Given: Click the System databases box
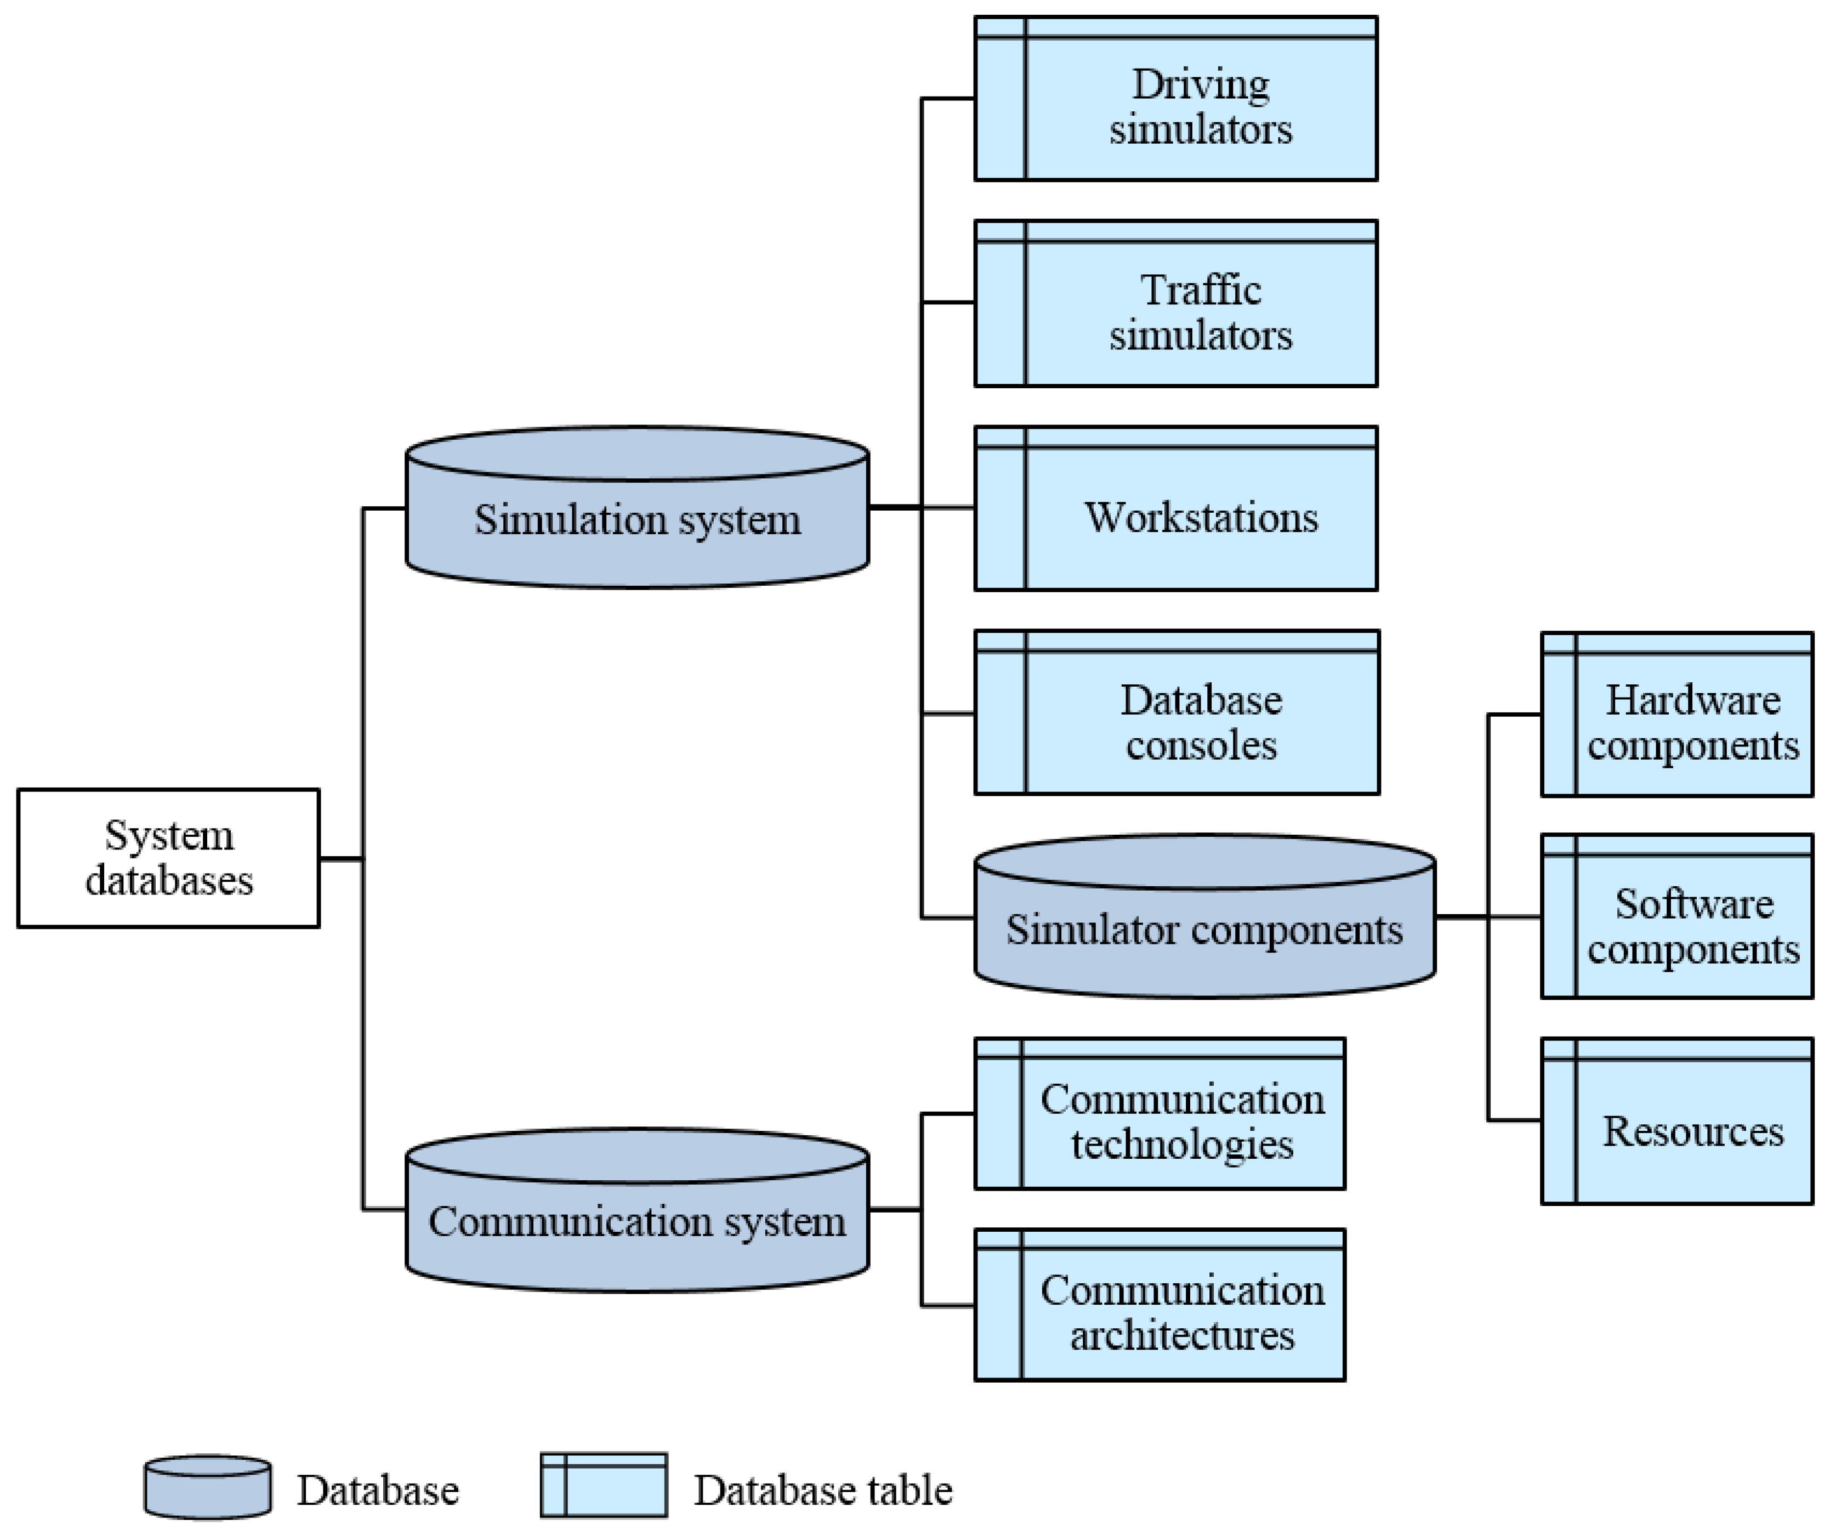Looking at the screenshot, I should [168, 858].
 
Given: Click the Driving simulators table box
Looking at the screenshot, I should [1175, 99].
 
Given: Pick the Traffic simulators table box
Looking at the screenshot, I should [1175, 303].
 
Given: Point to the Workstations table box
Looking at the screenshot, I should [1175, 508].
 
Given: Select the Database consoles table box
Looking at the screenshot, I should [1177, 713].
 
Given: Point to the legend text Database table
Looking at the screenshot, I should [823, 1490].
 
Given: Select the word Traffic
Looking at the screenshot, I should [1200, 290].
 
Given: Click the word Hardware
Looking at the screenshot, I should [1692, 700].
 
